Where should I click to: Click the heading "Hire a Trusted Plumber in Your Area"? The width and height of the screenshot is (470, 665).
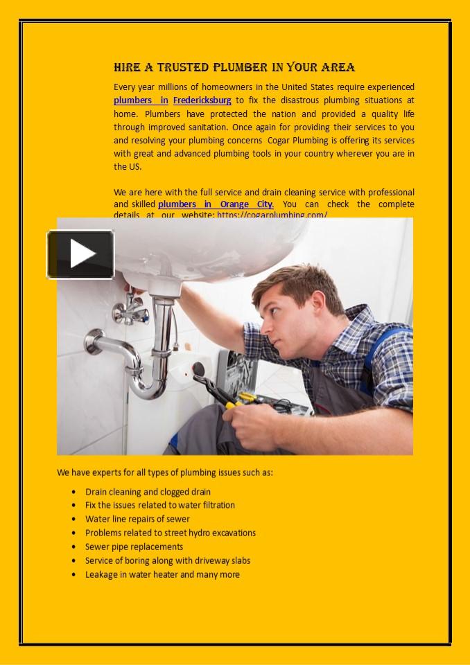pos(234,67)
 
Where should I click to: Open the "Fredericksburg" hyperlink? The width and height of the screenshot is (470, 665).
pos(202,100)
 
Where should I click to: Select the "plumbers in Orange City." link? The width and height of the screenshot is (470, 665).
pos(216,204)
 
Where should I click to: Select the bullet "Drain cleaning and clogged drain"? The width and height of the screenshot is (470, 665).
pos(148,492)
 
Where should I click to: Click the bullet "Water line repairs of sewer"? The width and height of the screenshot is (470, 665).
pos(137,519)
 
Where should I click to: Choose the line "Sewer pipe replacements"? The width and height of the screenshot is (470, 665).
pos(134,547)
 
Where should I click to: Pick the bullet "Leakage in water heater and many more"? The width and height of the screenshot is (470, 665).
pos(162,574)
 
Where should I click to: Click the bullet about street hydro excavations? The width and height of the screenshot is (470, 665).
pos(171,533)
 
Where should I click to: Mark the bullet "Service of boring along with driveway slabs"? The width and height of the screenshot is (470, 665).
pos(168,560)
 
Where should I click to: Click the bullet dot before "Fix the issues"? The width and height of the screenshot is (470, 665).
pos(73,506)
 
